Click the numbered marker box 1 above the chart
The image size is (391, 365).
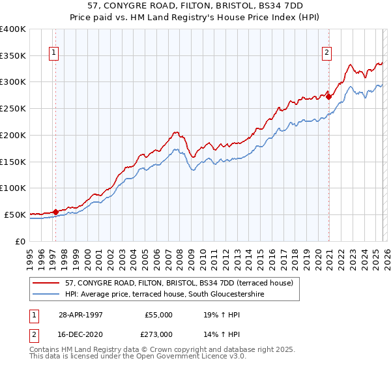53,54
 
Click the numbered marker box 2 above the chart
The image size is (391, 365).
326,54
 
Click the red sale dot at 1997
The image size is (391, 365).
56,211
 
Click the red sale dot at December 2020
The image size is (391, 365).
329,96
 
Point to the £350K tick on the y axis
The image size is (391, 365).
13,56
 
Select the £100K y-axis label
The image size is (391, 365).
13,188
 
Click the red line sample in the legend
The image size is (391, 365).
46,283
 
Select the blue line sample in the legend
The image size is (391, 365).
46,294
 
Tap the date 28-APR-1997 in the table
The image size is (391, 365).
81,314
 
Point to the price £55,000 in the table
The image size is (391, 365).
158,314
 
